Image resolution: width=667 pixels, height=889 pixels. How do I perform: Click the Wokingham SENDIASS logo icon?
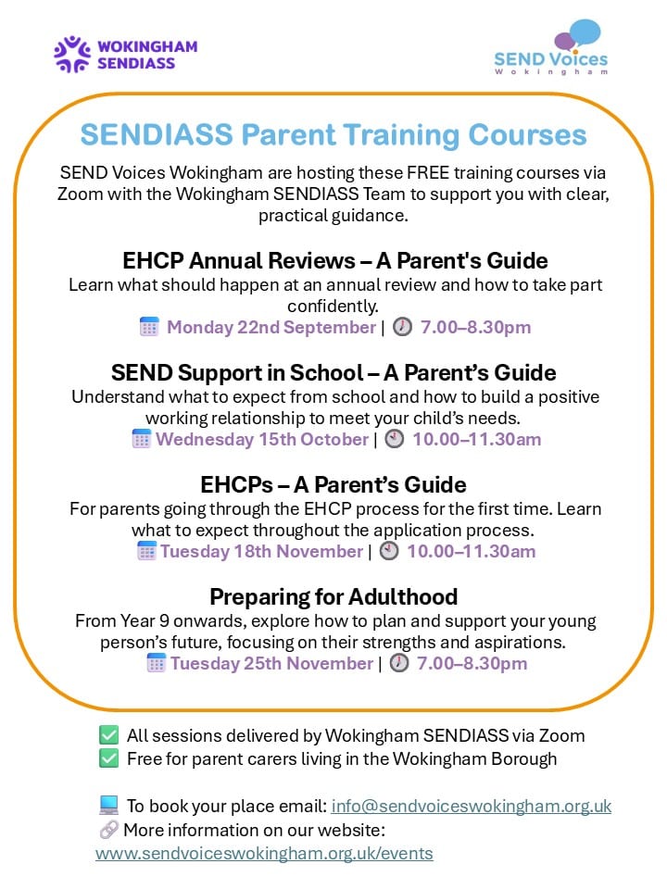(72, 55)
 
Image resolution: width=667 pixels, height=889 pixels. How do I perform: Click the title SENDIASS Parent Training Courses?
(333, 135)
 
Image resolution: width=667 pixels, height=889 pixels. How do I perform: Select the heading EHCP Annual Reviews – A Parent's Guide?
(335, 261)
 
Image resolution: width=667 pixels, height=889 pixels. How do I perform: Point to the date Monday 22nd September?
(271, 327)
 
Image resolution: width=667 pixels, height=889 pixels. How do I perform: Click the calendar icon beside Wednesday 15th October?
(141, 439)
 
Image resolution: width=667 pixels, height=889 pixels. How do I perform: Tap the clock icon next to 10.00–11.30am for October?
(395, 439)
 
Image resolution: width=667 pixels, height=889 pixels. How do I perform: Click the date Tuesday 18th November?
(261, 551)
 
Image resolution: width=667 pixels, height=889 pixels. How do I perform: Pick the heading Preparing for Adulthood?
(333, 597)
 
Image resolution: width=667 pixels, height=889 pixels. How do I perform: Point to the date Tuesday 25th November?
(271, 663)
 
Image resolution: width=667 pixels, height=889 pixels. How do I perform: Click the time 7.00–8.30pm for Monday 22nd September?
(476, 327)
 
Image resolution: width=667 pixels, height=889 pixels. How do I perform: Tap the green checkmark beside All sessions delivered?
(109, 735)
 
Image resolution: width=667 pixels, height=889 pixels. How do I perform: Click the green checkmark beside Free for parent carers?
(109, 758)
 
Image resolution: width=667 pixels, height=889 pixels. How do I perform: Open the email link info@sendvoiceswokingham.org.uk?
(472, 806)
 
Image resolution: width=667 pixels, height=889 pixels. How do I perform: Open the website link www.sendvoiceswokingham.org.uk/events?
(264, 853)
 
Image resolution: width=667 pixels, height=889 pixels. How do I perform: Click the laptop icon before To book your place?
(108, 805)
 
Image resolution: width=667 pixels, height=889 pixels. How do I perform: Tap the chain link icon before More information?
(108, 830)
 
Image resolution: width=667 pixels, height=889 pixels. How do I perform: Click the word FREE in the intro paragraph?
(428, 172)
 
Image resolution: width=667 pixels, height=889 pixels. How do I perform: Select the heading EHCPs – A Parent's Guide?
(333, 485)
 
